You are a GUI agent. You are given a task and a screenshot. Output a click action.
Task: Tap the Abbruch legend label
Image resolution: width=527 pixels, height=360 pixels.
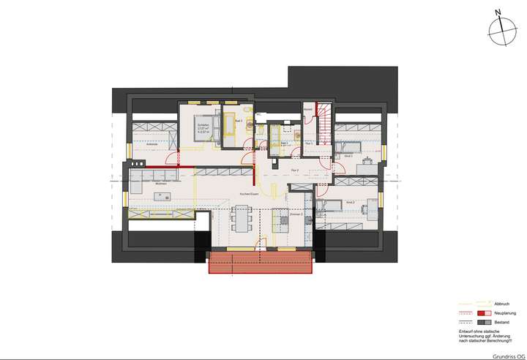coord(481,304)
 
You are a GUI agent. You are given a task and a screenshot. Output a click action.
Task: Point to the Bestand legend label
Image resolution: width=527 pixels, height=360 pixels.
coord(481,322)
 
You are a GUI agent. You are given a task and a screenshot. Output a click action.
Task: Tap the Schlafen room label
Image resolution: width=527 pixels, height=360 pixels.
coord(203,125)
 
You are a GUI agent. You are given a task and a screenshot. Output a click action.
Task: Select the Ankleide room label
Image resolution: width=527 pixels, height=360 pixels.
coord(152,144)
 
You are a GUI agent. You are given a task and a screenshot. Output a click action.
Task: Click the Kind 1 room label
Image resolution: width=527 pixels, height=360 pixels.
coord(348,156)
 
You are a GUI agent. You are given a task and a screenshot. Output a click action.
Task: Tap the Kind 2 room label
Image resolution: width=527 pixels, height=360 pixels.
coord(350,202)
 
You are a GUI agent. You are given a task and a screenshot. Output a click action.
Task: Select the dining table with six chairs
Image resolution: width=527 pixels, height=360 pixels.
coord(242,217)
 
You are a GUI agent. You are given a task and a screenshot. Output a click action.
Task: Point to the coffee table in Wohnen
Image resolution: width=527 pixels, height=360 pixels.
coord(162,195)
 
